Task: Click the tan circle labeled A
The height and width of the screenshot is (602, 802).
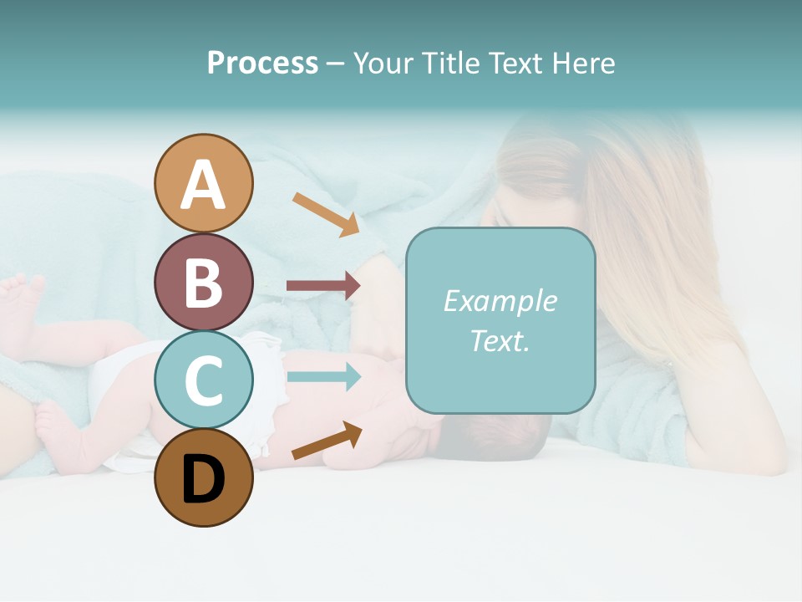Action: pyautogui.click(x=204, y=183)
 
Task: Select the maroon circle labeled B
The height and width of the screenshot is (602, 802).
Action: pyautogui.click(x=204, y=282)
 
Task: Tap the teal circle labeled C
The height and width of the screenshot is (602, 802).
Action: pyautogui.click(x=204, y=380)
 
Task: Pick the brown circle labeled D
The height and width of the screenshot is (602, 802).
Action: pyautogui.click(x=204, y=477)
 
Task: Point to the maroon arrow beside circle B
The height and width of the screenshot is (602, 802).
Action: pyautogui.click(x=322, y=286)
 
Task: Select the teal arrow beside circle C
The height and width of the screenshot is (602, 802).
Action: pyautogui.click(x=322, y=377)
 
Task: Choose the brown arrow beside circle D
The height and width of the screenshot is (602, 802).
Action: pyautogui.click(x=327, y=441)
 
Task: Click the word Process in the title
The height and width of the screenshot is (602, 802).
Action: pyautogui.click(x=262, y=64)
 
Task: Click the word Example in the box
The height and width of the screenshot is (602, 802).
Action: pyautogui.click(x=500, y=301)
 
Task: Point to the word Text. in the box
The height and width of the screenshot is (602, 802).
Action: pyautogui.click(x=500, y=340)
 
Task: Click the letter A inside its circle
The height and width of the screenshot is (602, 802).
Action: pyautogui.click(x=204, y=185)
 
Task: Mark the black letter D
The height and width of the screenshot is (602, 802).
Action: pyautogui.click(x=204, y=480)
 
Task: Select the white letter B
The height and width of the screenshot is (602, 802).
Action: pyautogui.click(x=204, y=283)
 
